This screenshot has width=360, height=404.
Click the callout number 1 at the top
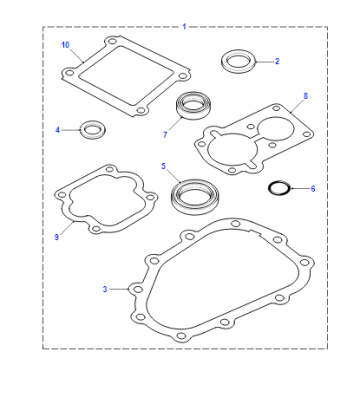[x=184, y=27]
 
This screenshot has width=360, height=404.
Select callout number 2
[x=277, y=61]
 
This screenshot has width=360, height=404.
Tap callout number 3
[x=105, y=289]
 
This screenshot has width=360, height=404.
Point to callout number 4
[x=57, y=130]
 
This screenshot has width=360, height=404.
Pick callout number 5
[x=163, y=166]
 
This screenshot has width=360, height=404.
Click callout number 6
[x=313, y=189]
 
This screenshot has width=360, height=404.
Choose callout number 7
[x=165, y=135]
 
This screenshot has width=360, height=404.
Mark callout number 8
[x=306, y=96]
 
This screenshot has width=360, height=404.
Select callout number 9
[x=57, y=237]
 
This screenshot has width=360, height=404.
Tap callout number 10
[x=65, y=45]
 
